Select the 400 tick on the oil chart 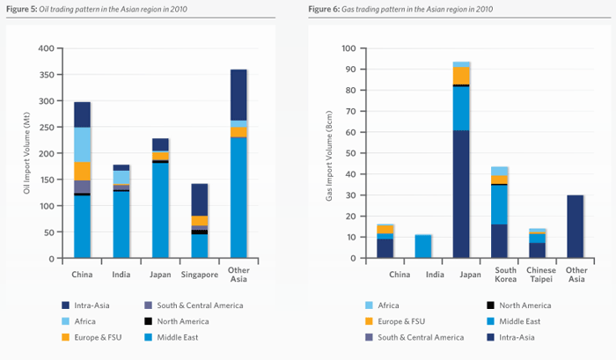(x=43, y=48)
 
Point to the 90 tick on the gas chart (x=348, y=69)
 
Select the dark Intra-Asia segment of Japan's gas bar (x=461, y=194)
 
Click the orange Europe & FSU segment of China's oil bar (x=83, y=171)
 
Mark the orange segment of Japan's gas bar (x=461, y=76)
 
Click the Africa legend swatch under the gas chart (x=369, y=305)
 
